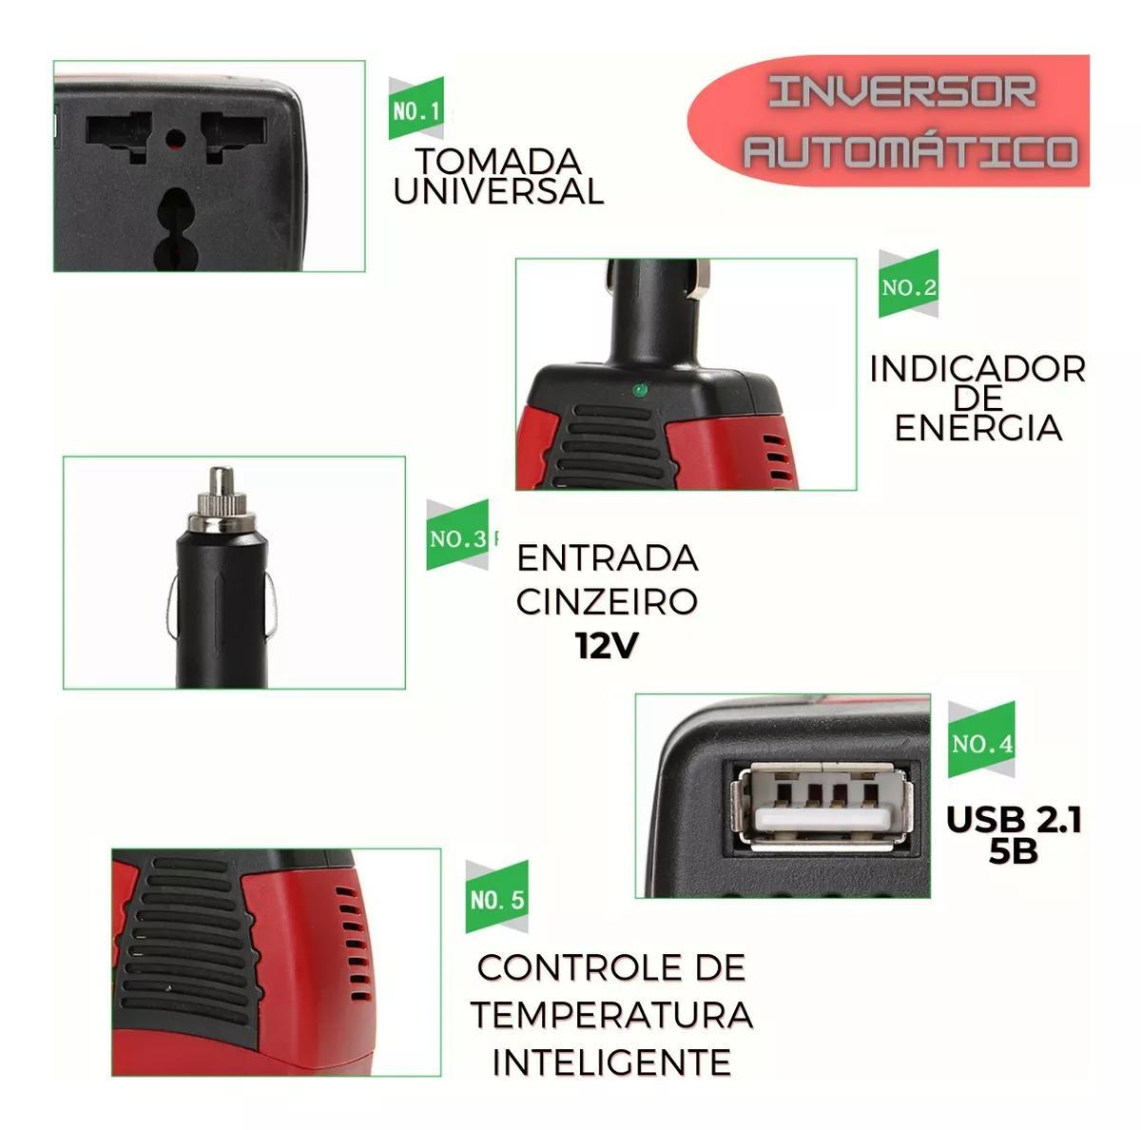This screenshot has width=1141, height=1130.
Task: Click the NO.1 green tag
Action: (416, 109)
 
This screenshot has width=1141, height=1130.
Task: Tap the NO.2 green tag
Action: (908, 283)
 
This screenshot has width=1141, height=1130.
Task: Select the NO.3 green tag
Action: (457, 536)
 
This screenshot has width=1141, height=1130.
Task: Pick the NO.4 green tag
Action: (981, 739)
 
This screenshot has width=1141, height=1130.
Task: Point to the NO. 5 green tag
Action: (496, 897)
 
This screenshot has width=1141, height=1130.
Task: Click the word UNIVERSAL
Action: (498, 192)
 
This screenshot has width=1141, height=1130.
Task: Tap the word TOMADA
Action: (497, 162)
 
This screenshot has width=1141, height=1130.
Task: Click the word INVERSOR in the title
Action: (902, 93)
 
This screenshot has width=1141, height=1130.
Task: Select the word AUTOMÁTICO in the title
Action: (911, 151)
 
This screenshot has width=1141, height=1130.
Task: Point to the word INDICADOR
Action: (977, 370)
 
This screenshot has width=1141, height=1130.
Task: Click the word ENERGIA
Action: (978, 428)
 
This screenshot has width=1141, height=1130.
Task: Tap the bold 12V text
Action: (607, 645)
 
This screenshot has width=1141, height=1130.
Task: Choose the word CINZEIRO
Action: (607, 602)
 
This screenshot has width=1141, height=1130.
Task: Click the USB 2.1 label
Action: (1014, 821)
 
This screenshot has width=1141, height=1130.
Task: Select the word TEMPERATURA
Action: (612, 1015)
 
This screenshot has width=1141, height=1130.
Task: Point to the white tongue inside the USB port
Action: (822, 820)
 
